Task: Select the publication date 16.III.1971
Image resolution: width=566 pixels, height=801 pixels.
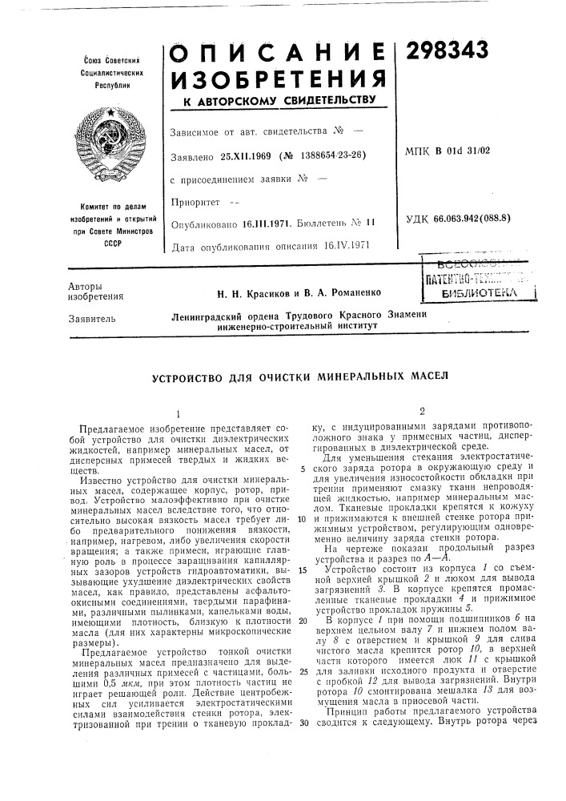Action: point(267,227)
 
